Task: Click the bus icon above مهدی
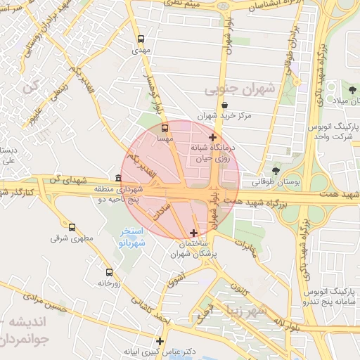tap(141, 39)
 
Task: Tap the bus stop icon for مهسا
tap(165, 129)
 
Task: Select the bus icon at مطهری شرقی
tap(72, 227)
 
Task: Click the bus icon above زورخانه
tap(109, 272)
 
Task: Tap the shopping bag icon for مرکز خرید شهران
tap(224, 105)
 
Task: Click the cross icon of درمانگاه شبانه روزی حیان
tap(213, 137)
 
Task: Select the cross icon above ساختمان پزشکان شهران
tap(194, 233)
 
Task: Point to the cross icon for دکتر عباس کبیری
tap(160, 341)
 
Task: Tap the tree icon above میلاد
tap(351, 90)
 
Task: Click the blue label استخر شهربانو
tap(131, 236)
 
